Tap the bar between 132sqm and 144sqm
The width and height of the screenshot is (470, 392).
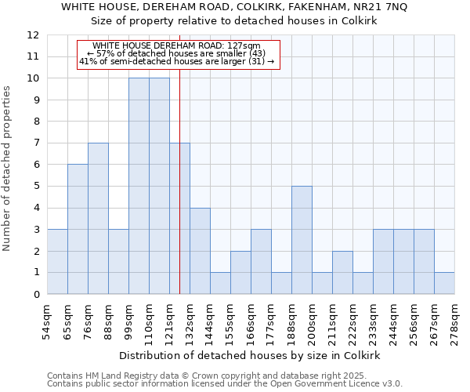click(x=200, y=251)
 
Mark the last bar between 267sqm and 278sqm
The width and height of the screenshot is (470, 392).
click(x=444, y=283)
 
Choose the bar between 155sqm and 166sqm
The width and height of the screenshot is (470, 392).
click(x=240, y=273)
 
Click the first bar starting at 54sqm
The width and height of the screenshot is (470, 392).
click(x=57, y=262)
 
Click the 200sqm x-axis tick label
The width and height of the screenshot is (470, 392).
click(x=312, y=323)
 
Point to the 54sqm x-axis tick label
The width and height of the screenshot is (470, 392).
click(x=47, y=322)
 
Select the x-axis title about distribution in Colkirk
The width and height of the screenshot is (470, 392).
click(x=251, y=355)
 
